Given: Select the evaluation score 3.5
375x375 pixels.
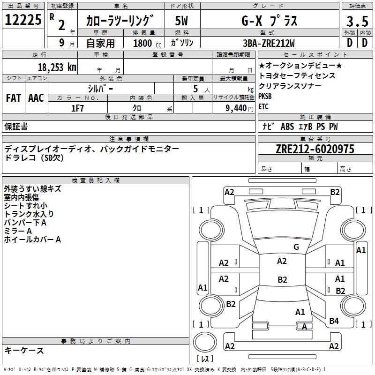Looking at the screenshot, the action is point(357,22).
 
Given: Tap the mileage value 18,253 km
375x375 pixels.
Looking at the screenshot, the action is point(56,67).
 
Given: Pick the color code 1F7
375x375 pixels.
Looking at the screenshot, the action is point(77,108).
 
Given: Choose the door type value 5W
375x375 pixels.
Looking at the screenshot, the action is point(181,21).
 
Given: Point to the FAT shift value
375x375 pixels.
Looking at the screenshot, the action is point(14,98).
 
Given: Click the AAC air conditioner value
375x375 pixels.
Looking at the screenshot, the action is point(36,98).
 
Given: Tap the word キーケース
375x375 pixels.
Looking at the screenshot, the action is point(24,351).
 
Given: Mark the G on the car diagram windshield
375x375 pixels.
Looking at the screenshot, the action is point(296,247).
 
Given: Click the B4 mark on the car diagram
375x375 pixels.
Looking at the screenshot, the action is point(334,321).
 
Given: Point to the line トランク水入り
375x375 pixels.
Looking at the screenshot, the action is point(29,214).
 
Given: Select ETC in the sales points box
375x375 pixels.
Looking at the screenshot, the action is point(263,106).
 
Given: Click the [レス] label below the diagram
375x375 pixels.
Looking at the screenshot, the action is point(205,360).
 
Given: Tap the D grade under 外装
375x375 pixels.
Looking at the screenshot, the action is point(349,42).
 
